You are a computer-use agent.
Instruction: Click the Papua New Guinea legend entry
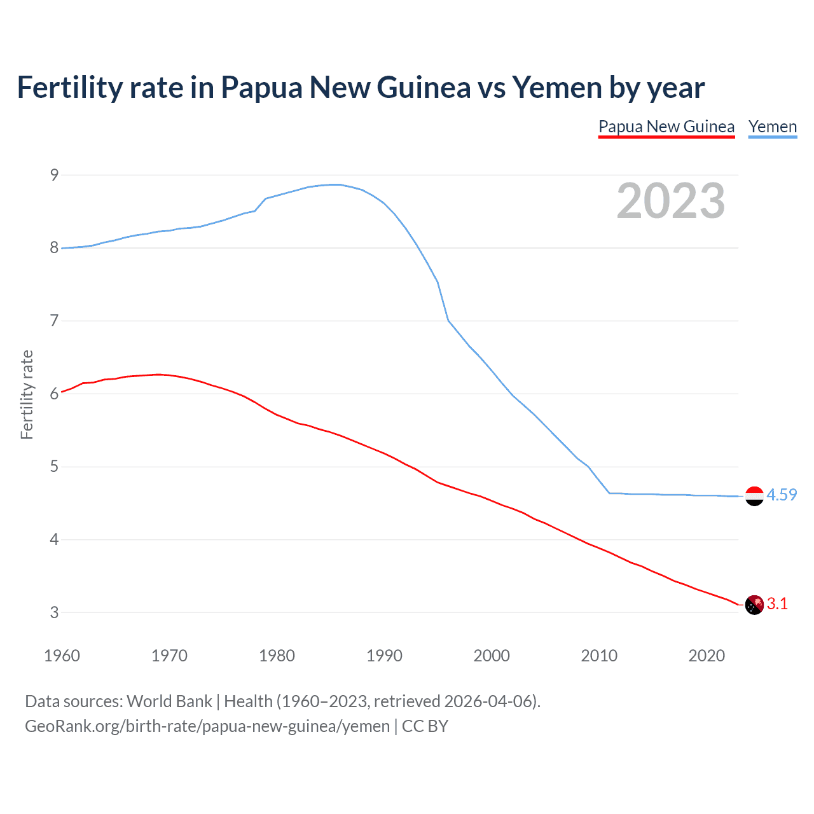(x=666, y=127)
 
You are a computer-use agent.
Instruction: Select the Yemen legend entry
(x=772, y=127)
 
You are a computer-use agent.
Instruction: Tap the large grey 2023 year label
(x=670, y=201)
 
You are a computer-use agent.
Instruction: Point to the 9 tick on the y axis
(x=54, y=175)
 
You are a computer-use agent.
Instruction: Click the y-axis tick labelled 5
(x=54, y=467)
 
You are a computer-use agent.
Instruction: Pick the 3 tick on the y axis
(x=54, y=612)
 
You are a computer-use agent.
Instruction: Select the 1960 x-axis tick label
(x=62, y=656)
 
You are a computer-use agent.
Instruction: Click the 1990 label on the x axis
(x=384, y=656)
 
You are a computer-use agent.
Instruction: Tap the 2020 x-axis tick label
(x=707, y=656)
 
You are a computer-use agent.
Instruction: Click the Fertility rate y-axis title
(x=27, y=394)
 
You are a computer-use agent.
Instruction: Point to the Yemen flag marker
(x=754, y=496)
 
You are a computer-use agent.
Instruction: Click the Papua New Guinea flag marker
(x=754, y=605)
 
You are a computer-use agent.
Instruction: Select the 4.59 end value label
(x=782, y=495)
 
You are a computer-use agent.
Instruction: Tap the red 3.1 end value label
(x=777, y=604)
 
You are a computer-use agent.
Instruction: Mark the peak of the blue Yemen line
(x=336, y=184)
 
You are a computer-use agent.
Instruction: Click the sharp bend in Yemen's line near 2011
(x=609, y=493)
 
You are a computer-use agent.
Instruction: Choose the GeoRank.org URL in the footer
(x=207, y=726)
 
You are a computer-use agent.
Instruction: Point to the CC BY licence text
(x=425, y=726)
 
